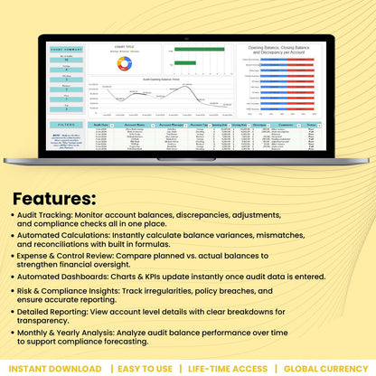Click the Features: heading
pyautogui.click(x=54, y=197)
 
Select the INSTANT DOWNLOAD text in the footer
pyautogui.click(x=55, y=368)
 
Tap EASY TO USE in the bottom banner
pyautogui.click(x=146, y=368)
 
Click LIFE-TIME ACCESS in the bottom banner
pyautogui.click(x=227, y=368)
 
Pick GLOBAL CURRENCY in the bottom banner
pyautogui.click(x=325, y=368)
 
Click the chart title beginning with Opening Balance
pyautogui.click(x=287, y=50)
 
